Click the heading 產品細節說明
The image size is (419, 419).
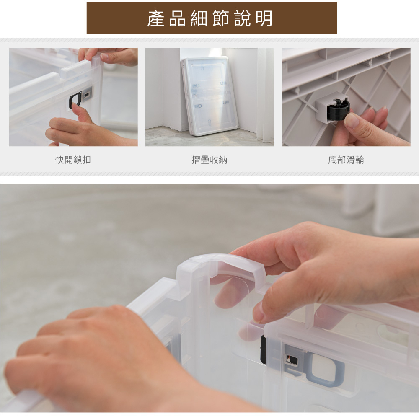click(210, 18)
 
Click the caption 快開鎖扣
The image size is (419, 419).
click(73, 160)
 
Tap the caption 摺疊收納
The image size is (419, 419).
click(209, 160)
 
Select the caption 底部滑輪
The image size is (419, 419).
click(346, 160)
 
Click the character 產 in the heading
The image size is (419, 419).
click(155, 18)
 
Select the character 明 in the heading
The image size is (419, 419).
click(264, 18)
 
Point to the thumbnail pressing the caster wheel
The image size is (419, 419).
click(351, 121)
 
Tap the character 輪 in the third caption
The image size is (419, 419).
click(360, 160)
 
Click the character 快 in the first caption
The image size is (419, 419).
click(60, 160)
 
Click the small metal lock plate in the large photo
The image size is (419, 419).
click(292, 360)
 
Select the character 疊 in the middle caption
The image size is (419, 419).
click(205, 160)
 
